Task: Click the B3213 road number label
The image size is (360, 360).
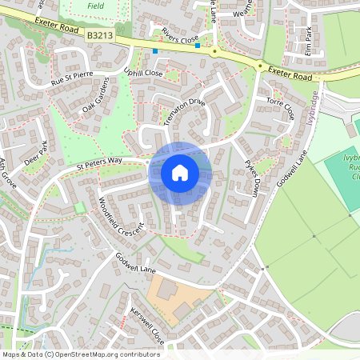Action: (x=101, y=36)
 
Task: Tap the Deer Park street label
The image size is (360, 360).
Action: (x=36, y=152)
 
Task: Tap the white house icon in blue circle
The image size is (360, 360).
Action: (x=180, y=172)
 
